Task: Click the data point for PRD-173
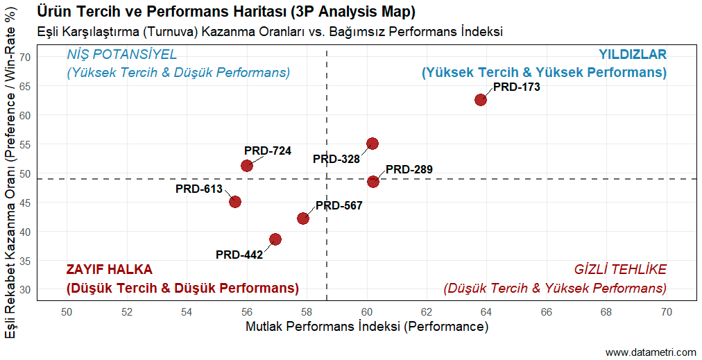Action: tap(480, 100)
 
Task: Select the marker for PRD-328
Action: tap(373, 144)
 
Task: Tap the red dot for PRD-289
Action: tap(373, 182)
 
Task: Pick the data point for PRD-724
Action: tap(247, 166)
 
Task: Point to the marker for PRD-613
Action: tap(235, 202)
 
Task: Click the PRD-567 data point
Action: tap(303, 218)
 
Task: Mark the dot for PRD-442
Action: tap(275, 239)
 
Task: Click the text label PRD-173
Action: tap(516, 87)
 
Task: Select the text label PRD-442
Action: tap(239, 255)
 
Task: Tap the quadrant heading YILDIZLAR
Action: tap(632, 55)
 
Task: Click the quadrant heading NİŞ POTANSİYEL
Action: tap(121, 55)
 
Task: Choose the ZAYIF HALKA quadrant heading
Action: tap(109, 270)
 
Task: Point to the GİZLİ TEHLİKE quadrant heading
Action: tap(620, 270)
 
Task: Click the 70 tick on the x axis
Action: tap(667, 313)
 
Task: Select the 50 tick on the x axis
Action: tap(67, 313)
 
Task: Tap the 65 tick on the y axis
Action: tap(26, 86)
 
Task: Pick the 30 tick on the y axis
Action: tap(26, 290)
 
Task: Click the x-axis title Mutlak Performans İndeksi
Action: tap(367, 327)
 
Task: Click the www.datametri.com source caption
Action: tap(650, 352)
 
